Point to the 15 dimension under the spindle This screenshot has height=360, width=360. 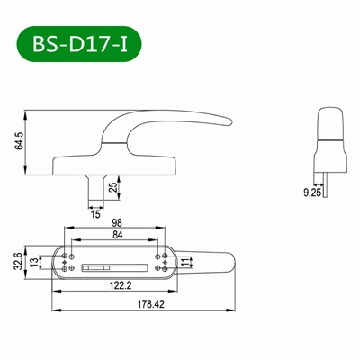point(95,213)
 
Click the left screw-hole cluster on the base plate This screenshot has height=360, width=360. point(68,261)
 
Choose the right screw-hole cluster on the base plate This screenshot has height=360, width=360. point(160,261)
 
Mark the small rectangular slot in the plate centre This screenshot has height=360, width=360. point(94,266)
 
